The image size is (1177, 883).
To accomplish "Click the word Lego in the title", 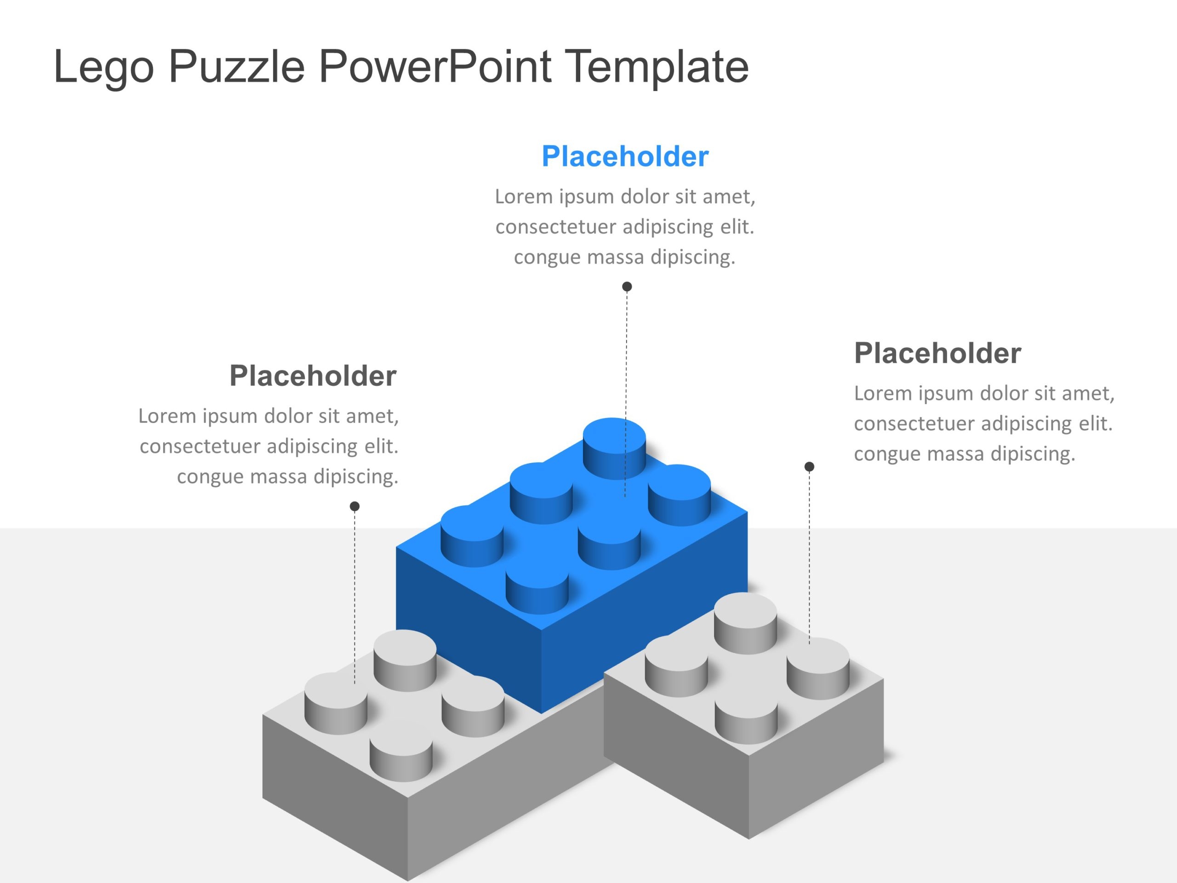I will pos(104,68).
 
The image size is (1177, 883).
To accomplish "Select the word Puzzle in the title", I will pos(237,68).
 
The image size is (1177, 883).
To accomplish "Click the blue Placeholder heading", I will pos(625,156).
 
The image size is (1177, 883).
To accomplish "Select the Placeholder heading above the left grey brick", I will pos(313,376).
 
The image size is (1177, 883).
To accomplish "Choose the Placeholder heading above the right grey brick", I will pos(937,353).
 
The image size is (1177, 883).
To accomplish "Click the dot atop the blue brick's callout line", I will pos(627,287).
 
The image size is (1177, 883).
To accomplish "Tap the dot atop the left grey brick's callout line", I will pos(355,506).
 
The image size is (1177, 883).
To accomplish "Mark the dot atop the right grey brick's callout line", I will pos(809,467).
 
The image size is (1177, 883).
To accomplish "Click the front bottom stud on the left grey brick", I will pos(401,756).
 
